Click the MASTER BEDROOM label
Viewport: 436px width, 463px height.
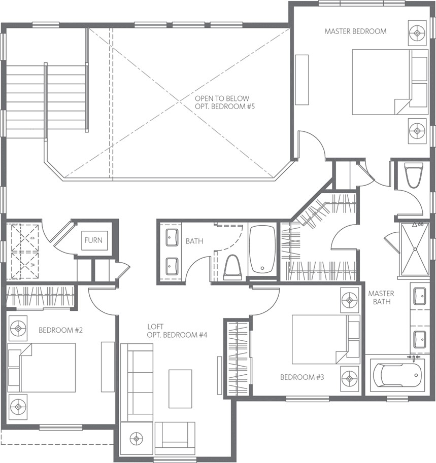(355, 31)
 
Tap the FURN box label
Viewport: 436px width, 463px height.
(93, 240)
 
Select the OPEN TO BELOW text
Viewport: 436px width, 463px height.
(222, 98)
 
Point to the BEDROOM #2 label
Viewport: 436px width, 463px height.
(60, 330)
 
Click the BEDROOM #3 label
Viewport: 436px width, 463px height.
(302, 377)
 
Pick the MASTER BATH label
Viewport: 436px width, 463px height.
(381, 298)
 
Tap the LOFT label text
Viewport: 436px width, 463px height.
(155, 327)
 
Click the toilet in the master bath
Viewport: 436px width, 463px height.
(413, 175)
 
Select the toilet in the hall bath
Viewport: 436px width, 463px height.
(232, 267)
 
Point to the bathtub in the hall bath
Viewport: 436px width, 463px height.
(262, 250)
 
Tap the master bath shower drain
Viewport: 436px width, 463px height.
(415, 249)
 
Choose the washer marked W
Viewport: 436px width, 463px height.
(25, 265)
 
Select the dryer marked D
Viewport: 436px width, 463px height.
(25, 238)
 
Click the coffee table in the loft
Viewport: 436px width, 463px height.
(180, 388)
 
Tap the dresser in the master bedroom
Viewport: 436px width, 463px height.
(302, 80)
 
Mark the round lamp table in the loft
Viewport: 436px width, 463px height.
(137, 439)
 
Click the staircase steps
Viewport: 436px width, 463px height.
(46, 100)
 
